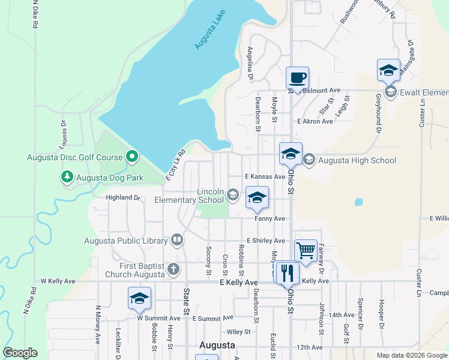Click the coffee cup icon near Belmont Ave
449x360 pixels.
pos(297,78)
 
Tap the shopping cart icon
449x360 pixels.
pos(306,251)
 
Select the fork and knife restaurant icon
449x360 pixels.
pos(286,273)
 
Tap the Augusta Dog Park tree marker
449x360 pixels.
pos(67,178)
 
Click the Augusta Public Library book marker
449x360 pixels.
pos(177,241)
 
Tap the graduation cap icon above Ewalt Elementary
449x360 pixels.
pos(388,70)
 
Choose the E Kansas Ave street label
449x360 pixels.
pos(265,177)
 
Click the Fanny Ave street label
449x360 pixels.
pos(270,219)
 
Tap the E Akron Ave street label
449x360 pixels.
pos(315,121)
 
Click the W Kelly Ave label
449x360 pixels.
pos(58,281)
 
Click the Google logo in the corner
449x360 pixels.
pos(20,353)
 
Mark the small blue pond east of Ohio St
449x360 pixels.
pos(359,202)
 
